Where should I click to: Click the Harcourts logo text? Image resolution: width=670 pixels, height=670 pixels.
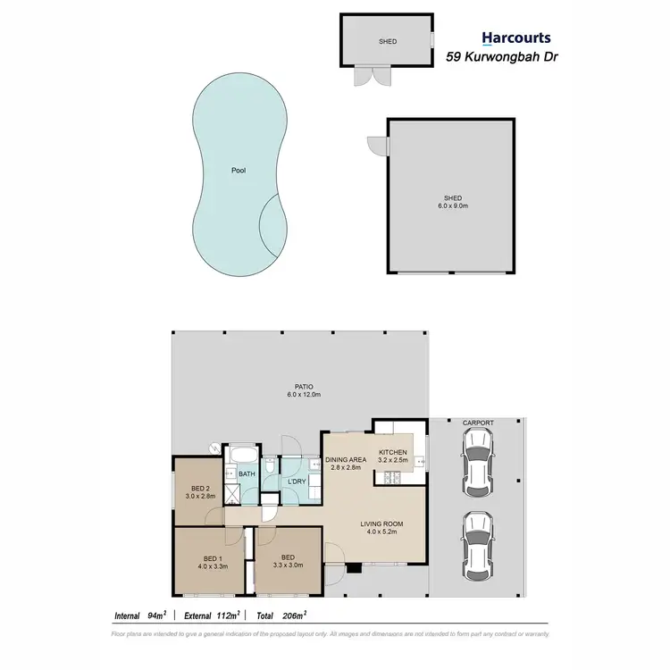pos(516,38)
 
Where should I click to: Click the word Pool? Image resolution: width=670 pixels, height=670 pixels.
pos(237,170)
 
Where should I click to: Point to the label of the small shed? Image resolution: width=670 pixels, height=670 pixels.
pos(387,41)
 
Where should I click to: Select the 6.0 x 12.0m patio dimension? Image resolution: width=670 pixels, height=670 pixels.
pos(304,395)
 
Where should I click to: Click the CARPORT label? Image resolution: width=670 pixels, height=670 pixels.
pos(478,423)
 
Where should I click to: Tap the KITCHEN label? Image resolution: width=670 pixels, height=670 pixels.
pos(393,453)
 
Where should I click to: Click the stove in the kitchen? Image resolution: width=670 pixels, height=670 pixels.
pos(390,479)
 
